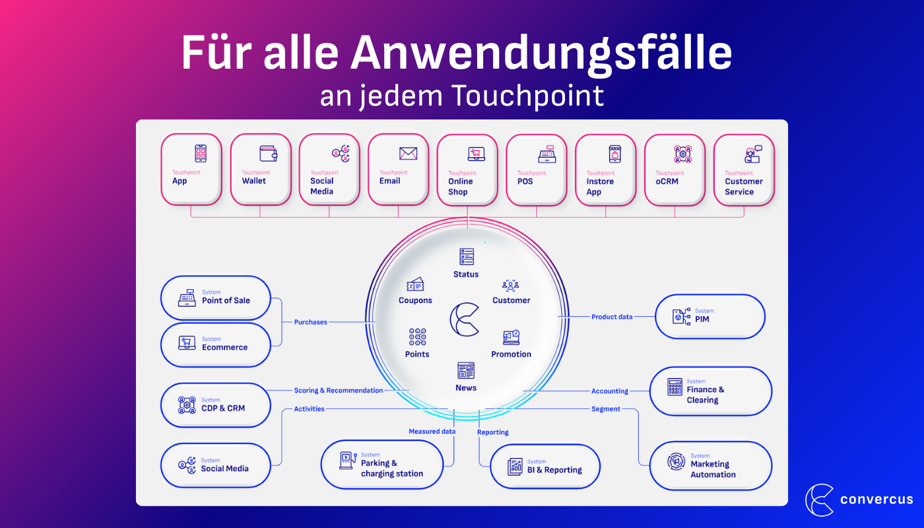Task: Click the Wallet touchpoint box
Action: [260, 170]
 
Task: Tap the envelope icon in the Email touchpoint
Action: [408, 154]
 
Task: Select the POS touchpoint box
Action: [537, 170]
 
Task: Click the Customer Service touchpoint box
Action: [744, 170]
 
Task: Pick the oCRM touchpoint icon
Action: [682, 154]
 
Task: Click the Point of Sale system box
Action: [216, 298]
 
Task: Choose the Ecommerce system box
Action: [216, 345]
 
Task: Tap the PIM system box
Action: [709, 317]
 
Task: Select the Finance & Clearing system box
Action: [711, 391]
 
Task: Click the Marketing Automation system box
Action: [711, 466]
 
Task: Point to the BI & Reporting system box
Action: [545, 467]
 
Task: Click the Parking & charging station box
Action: [382, 465]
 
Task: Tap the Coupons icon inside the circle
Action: [415, 284]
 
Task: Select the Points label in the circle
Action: [417, 354]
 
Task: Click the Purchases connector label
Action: [311, 322]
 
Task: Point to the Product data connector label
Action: [612, 317]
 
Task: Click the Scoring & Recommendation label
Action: [339, 391]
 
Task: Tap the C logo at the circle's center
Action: [465, 319]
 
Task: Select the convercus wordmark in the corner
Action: [876, 500]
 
